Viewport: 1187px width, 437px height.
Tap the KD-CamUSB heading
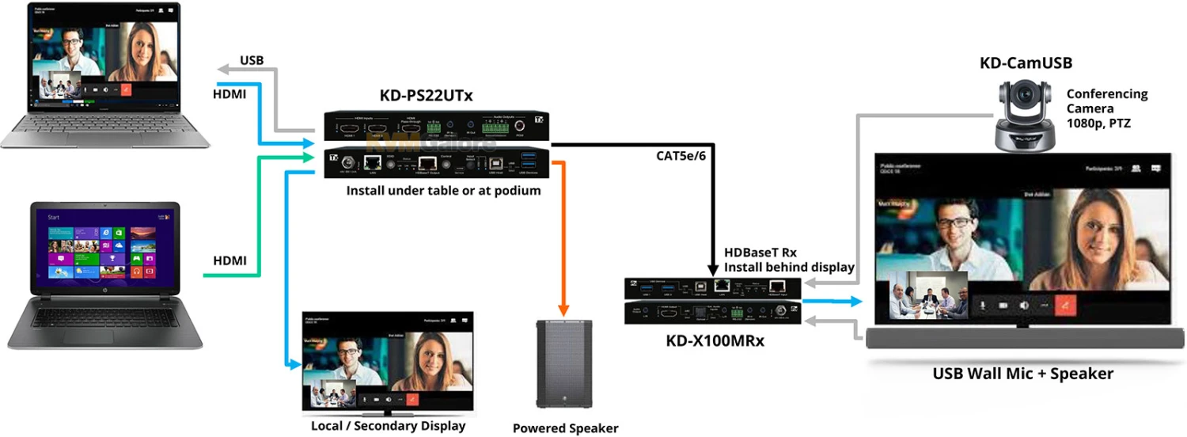click(x=1026, y=64)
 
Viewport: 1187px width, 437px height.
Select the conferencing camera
click(x=1025, y=116)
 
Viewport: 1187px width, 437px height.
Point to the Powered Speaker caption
click(x=565, y=428)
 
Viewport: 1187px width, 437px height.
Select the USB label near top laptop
click(x=252, y=61)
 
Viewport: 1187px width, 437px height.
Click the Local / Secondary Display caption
click(x=388, y=426)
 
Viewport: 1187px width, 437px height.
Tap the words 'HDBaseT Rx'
click(x=760, y=253)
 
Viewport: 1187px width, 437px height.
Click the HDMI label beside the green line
click(x=229, y=260)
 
